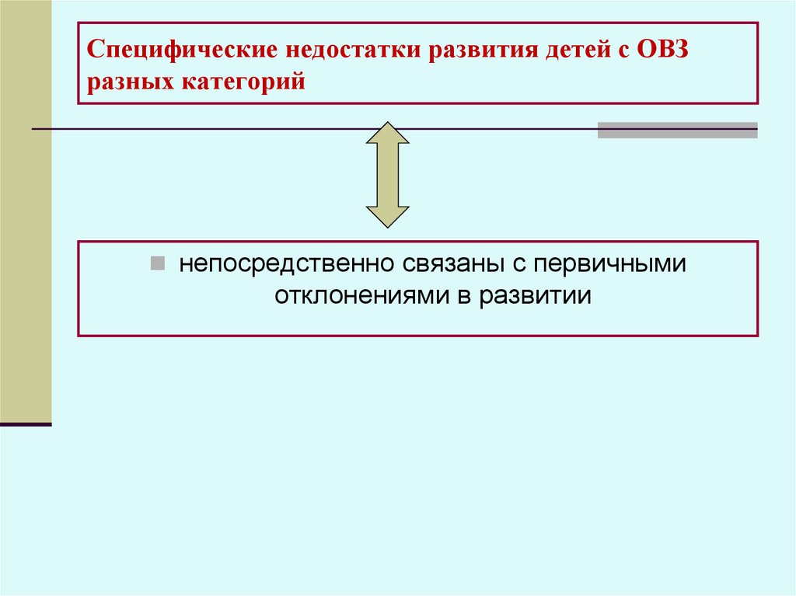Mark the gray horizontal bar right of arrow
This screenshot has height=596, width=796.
coord(677,130)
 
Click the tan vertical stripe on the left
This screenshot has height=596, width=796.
coord(26,210)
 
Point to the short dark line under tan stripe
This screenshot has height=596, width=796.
coord(26,424)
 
